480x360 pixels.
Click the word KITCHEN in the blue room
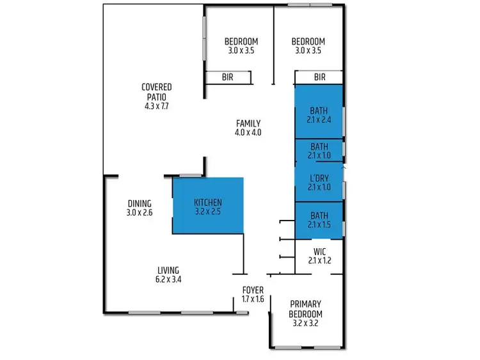click(x=208, y=203)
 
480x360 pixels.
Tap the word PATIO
click(x=157, y=97)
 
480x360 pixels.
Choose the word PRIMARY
click(x=305, y=304)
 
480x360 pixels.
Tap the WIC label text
click(x=319, y=251)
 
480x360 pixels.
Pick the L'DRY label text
click(x=319, y=178)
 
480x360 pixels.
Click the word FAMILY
click(x=248, y=123)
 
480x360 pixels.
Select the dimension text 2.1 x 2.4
click(x=319, y=120)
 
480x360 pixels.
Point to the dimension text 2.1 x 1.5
click(x=319, y=225)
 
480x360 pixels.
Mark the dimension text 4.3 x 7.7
click(x=157, y=107)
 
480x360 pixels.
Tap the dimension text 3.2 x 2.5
click(x=208, y=212)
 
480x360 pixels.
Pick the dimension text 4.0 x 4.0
click(x=248, y=133)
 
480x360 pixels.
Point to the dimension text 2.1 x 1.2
click(x=319, y=260)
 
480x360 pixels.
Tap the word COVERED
click(x=157, y=87)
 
